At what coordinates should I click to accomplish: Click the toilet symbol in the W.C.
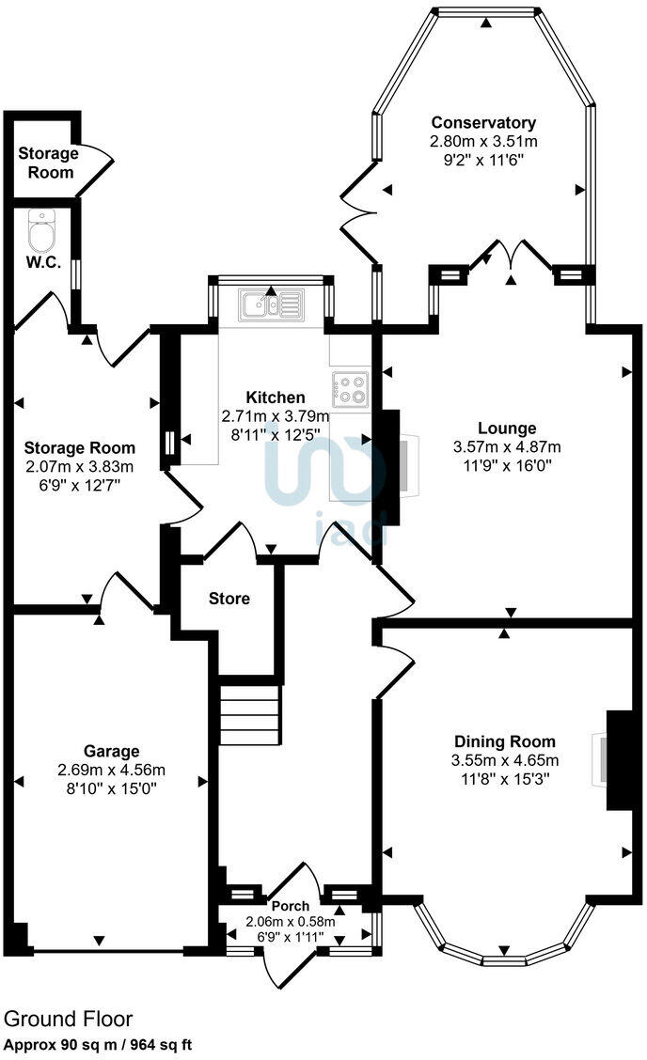(42, 228)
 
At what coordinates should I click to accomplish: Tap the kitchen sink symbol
(271, 304)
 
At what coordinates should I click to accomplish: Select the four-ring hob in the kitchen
(352, 389)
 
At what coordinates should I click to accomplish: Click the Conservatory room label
(483, 122)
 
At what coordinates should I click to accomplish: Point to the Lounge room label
(507, 429)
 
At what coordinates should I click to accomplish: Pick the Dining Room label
(505, 741)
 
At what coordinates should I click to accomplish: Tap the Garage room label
(111, 751)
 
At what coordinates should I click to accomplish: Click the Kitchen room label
(276, 397)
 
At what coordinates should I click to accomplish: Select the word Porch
(291, 907)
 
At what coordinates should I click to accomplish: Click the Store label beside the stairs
(229, 598)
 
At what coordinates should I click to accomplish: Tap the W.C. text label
(43, 263)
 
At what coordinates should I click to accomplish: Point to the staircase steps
(249, 715)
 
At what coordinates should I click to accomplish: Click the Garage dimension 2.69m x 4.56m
(111, 770)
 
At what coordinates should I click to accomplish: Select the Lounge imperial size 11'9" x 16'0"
(507, 465)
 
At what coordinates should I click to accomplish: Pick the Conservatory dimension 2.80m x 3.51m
(483, 141)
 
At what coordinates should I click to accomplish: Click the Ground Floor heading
(69, 1019)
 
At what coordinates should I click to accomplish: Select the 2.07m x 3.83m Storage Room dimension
(80, 466)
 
